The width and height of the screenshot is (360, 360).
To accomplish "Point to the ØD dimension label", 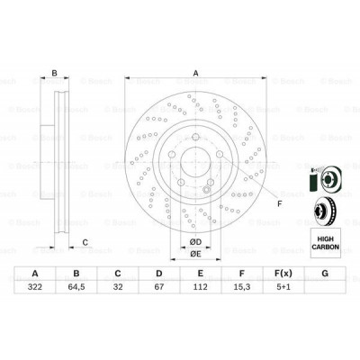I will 195,240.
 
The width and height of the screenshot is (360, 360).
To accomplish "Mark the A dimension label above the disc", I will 195,75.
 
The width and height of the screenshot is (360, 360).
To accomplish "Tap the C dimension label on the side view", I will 85,240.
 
